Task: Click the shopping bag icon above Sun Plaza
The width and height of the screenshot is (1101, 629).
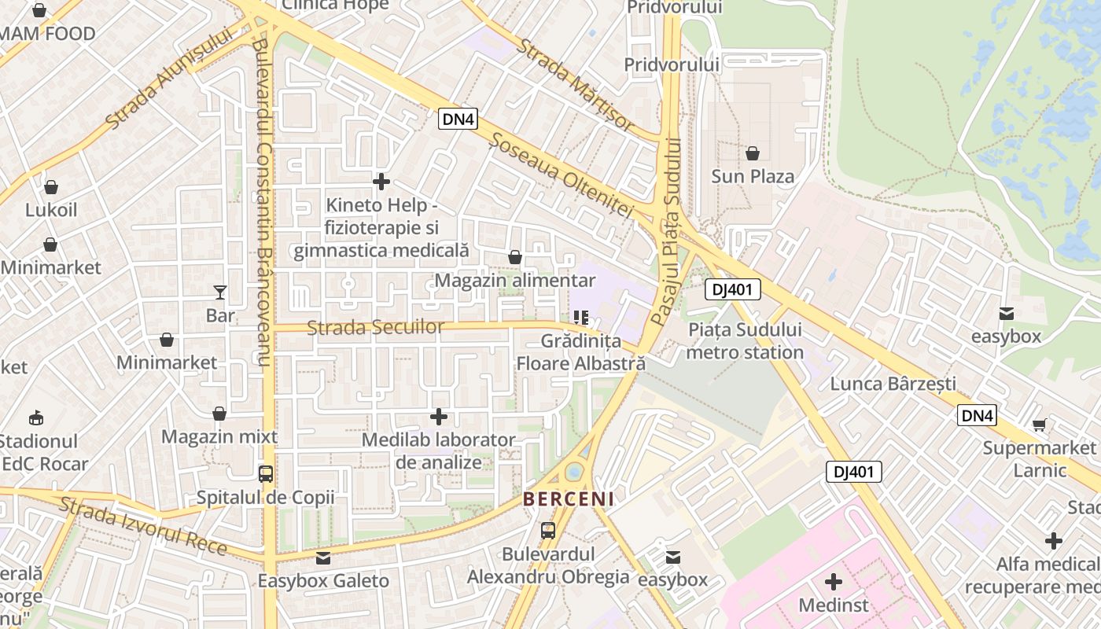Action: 753,153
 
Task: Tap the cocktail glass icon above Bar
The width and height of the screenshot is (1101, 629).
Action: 220,292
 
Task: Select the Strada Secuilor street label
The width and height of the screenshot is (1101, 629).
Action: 375,327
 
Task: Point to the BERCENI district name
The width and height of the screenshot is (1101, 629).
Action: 569,499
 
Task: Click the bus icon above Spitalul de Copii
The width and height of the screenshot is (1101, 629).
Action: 266,474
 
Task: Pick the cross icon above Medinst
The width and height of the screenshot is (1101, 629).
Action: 834,582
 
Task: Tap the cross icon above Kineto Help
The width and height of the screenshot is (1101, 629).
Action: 381,182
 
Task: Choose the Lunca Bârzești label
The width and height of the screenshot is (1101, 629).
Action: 893,384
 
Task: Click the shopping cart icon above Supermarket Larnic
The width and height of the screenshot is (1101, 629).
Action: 1039,425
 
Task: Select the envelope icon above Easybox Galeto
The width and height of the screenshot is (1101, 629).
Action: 323,558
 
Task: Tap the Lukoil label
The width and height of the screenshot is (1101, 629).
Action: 51,210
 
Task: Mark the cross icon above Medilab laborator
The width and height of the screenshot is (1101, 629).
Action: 439,416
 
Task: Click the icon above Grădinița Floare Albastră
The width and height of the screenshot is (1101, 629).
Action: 581,318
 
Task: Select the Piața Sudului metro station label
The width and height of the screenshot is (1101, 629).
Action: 744,341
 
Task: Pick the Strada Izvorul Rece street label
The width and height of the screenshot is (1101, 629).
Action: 142,525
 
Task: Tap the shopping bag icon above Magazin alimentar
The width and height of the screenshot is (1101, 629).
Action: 515,257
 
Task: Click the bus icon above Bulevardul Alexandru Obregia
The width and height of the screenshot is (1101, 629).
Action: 548,531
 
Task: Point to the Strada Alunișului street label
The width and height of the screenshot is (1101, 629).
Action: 170,78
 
